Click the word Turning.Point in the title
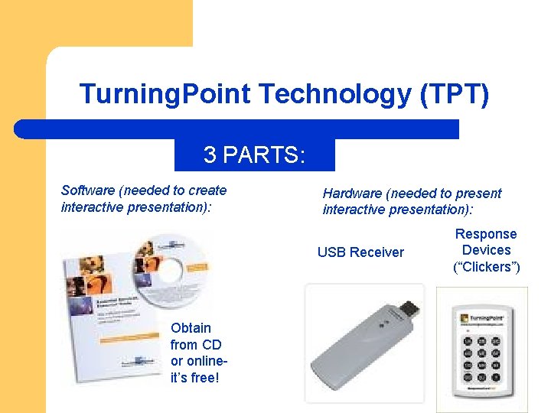click(165, 95)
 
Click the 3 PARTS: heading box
click(254, 155)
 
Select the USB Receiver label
click(360, 252)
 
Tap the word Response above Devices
click(486, 234)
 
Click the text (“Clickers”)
click(486, 267)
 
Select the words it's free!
click(195, 377)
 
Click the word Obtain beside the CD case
click(191, 328)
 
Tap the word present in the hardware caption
click(474, 193)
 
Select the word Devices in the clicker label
click(486, 250)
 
